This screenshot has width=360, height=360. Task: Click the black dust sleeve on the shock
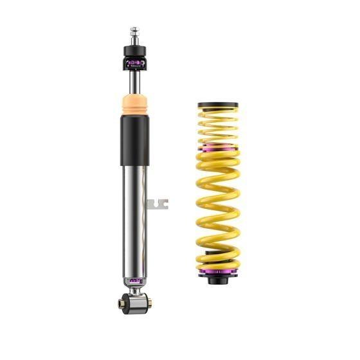(135, 140)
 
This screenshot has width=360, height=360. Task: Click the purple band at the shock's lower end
(135, 280)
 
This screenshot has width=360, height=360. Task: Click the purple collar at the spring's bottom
(217, 275)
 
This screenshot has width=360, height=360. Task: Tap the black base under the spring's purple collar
(217, 283)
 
